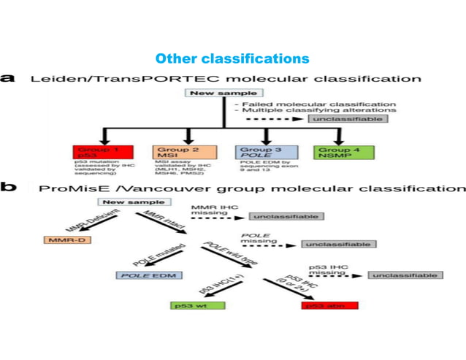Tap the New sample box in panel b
tap(125, 202)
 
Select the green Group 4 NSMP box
tap(344, 152)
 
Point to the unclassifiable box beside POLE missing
tap(337, 244)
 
